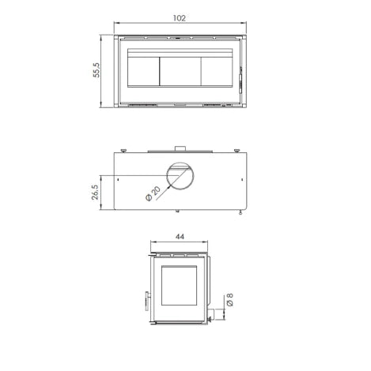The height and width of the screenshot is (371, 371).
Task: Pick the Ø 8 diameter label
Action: coord(229,301)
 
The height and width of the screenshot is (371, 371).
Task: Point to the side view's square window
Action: coord(178,287)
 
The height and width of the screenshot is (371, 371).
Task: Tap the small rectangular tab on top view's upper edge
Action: coord(180,148)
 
